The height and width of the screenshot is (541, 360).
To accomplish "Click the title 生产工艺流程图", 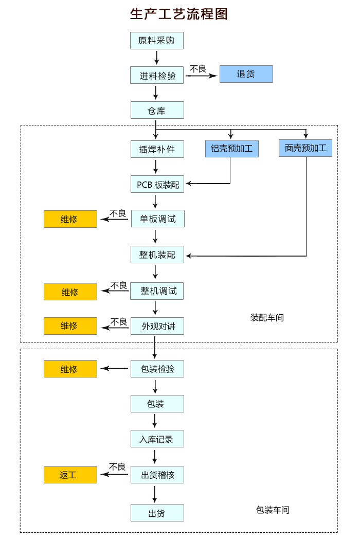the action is click(179, 14).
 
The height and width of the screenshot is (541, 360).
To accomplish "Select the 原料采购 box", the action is click(157, 41).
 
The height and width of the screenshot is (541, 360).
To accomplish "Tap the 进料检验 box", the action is click(157, 75).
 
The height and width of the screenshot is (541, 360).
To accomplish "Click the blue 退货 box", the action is click(246, 74).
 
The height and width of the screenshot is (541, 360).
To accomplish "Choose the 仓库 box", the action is click(157, 110).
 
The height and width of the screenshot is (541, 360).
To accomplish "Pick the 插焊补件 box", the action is click(157, 149).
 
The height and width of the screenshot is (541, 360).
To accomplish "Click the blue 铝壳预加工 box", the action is click(231, 148).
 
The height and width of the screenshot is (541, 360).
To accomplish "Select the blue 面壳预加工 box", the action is click(305, 148).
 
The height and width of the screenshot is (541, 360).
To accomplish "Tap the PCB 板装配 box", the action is click(157, 184).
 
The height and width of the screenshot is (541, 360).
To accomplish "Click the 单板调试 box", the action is click(158, 219).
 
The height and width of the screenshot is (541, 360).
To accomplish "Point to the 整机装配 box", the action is click(157, 255).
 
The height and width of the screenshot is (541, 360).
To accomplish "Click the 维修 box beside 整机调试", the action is click(70, 292).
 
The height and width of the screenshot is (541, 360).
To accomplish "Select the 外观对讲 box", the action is click(157, 326).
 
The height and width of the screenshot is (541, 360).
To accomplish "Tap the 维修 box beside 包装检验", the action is click(70, 369).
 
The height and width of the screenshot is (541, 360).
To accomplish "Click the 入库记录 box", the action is click(157, 439).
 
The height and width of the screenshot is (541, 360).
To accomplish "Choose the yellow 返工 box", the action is click(70, 475).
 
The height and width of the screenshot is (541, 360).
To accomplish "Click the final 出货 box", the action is click(157, 513).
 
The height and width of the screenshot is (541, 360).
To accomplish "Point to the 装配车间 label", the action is click(267, 318).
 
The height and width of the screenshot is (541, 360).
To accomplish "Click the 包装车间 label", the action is click(273, 510).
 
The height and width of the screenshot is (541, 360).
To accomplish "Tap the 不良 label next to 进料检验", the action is click(198, 69).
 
